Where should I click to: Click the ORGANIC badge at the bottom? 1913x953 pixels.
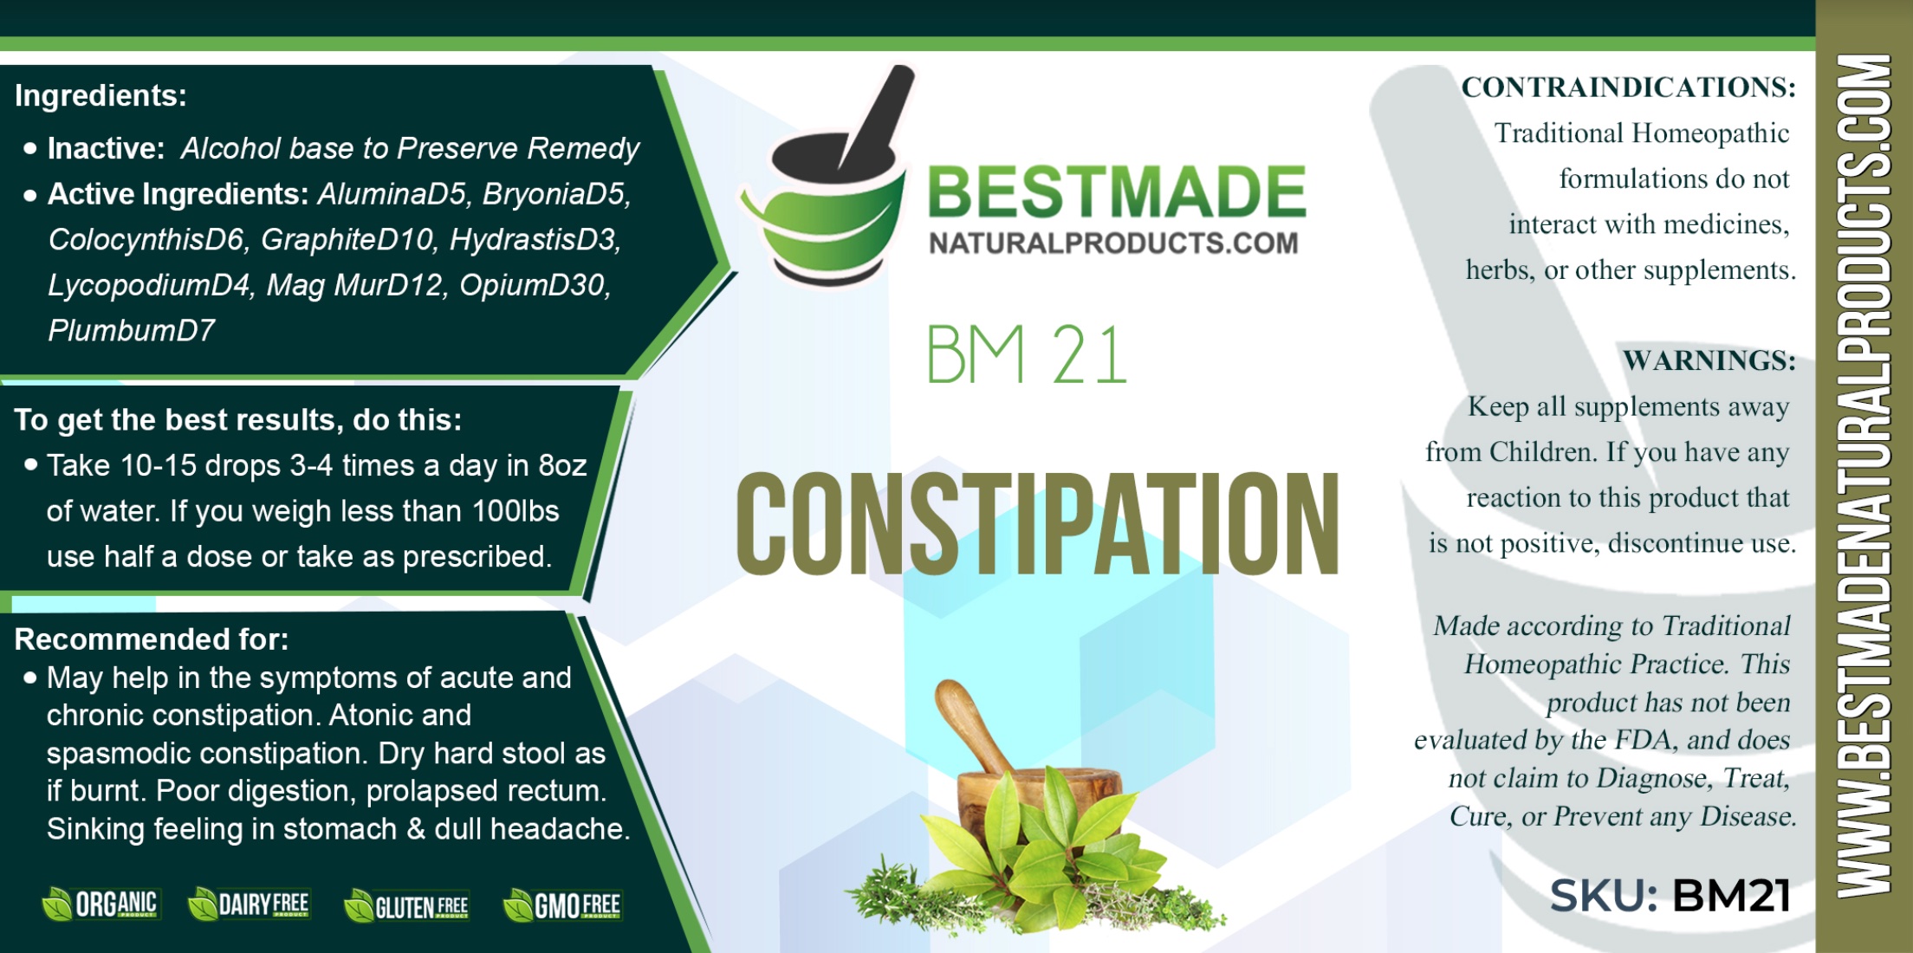click(101, 904)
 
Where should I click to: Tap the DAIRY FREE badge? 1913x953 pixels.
click(249, 904)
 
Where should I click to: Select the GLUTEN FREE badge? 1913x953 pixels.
click(406, 906)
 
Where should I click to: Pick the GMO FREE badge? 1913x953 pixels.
click(562, 906)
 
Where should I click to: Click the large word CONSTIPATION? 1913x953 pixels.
click(1038, 524)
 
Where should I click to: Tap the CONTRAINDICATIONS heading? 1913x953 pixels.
click(1629, 87)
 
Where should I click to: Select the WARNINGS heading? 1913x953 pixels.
click(1709, 360)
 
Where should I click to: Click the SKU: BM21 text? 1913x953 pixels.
click(1670, 896)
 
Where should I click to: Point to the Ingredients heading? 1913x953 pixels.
click(101, 95)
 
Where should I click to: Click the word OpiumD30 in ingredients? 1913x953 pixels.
click(535, 285)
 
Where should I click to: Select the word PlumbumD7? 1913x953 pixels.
click(131, 330)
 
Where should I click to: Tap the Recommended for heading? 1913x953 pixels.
click(152, 639)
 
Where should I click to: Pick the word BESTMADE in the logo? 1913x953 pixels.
click(1117, 191)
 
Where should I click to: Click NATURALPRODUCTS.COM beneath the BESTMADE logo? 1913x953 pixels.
click(1113, 243)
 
